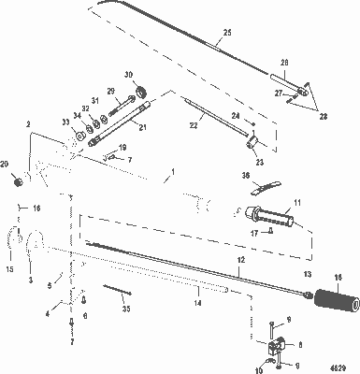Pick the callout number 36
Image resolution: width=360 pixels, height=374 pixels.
(x=245, y=175)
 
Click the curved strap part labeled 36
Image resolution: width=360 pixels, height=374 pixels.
(x=266, y=186)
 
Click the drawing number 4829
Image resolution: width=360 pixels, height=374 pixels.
(x=345, y=367)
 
